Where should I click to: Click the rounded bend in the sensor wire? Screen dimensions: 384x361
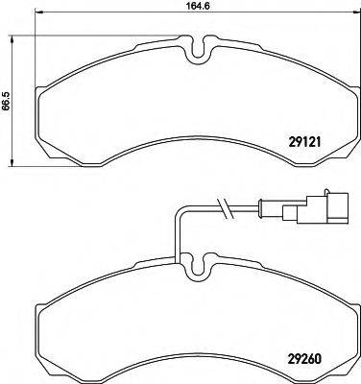point(183,212)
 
